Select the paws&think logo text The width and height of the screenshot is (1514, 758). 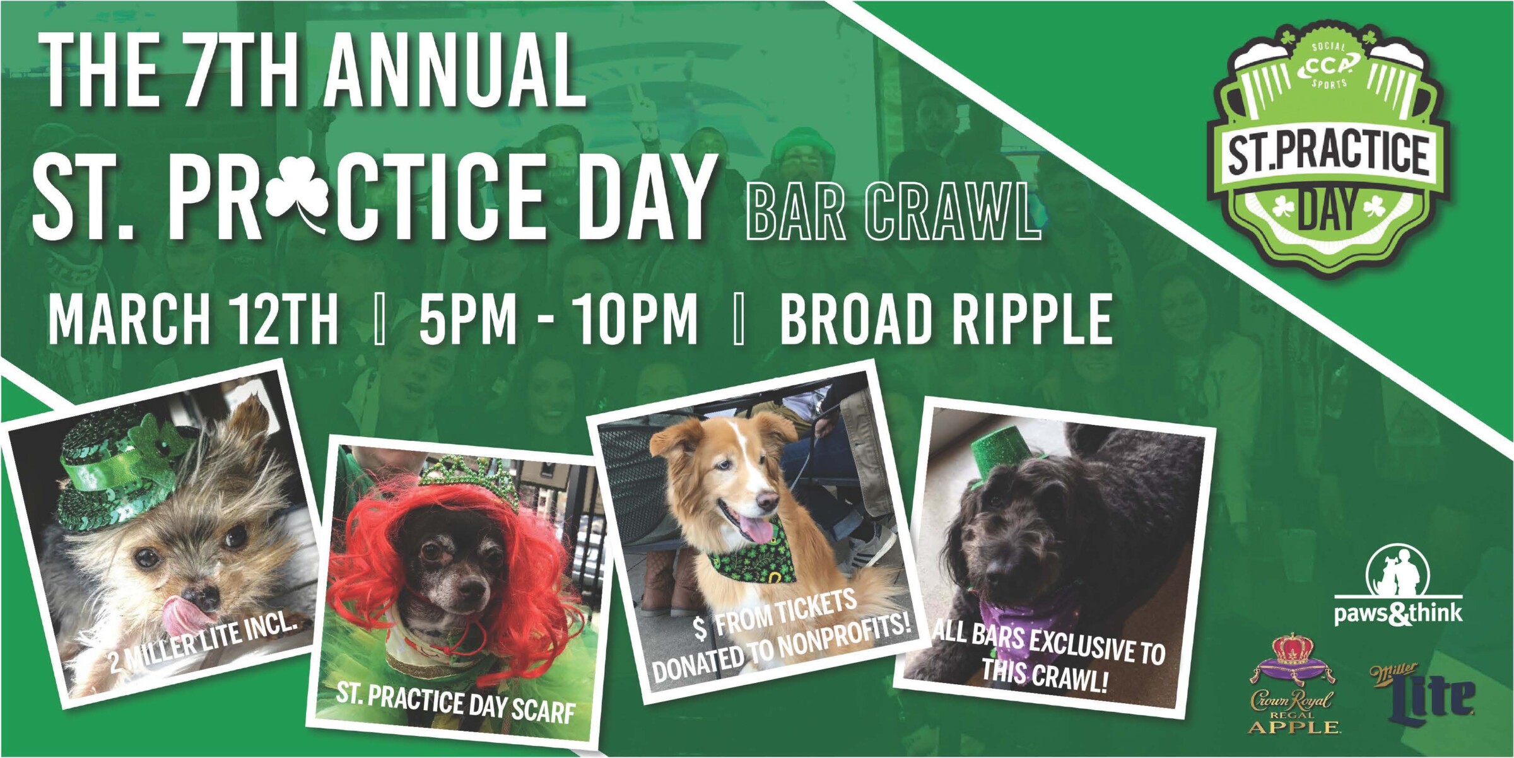point(1398,613)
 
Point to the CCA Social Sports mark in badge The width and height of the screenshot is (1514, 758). point(1327,66)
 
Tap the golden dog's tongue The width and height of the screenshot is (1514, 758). point(756,528)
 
